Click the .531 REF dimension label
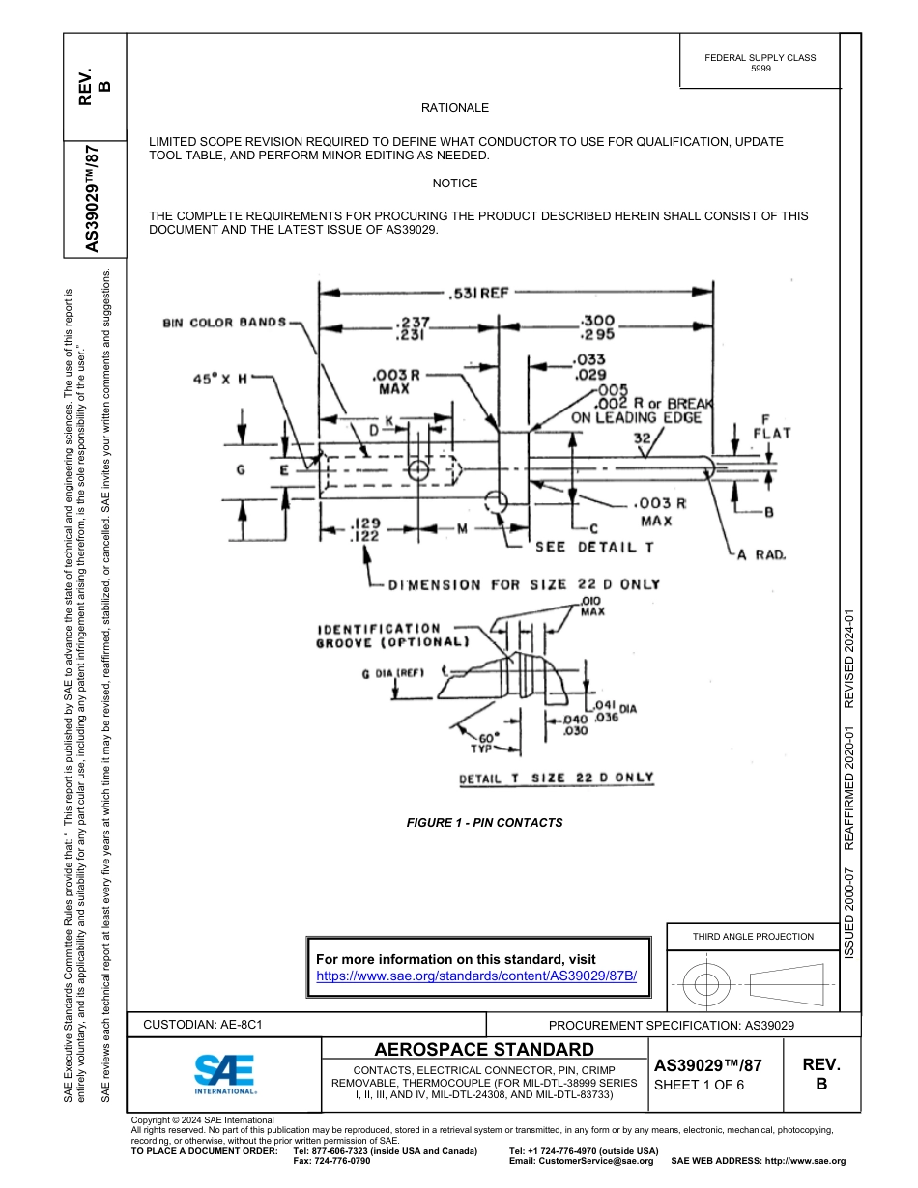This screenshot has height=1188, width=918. point(476,294)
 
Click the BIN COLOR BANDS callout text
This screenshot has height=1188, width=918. point(224,322)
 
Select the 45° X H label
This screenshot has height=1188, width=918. point(219,380)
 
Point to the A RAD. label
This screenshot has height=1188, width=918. point(761,554)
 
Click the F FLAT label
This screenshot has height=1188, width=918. point(770,427)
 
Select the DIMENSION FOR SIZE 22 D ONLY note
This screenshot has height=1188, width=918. point(523,584)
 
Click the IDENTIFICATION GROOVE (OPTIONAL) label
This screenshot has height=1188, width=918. point(392,635)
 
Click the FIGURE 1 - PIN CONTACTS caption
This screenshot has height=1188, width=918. point(484,823)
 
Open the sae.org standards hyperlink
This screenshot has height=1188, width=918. point(477,976)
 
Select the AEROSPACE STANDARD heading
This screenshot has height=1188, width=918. point(484,1050)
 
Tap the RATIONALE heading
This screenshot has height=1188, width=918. point(454,108)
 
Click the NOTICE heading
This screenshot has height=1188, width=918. point(454,183)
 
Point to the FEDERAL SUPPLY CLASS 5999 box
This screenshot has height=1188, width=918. point(760,63)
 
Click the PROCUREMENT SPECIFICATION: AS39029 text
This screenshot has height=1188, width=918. point(671,1025)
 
